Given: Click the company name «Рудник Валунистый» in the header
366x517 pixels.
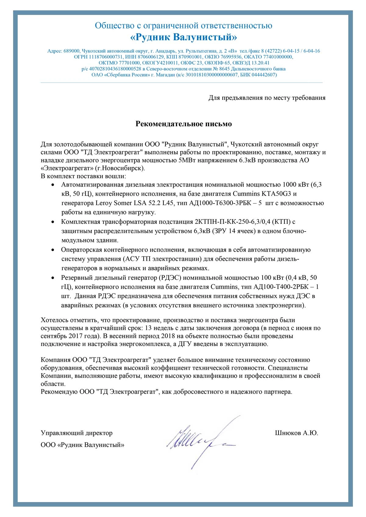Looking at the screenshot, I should pos(183,37).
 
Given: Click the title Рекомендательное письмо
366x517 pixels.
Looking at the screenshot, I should pos(184,124).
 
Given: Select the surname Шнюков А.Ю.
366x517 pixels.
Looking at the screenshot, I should pos(296,433).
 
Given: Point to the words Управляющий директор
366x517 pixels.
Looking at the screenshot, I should pos(77,433).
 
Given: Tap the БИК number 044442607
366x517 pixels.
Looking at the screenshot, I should pos(264,75).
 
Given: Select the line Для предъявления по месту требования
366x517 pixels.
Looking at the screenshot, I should pos(267,98).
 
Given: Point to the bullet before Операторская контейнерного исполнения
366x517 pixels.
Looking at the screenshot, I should pos(53,250).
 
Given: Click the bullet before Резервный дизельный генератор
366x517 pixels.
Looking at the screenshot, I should pos(53,278).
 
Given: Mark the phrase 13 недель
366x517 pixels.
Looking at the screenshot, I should pos(161,328).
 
